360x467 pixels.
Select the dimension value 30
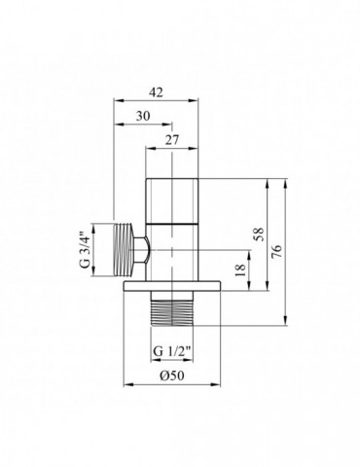tap(143, 115)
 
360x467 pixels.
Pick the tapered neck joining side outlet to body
tap(141, 250)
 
